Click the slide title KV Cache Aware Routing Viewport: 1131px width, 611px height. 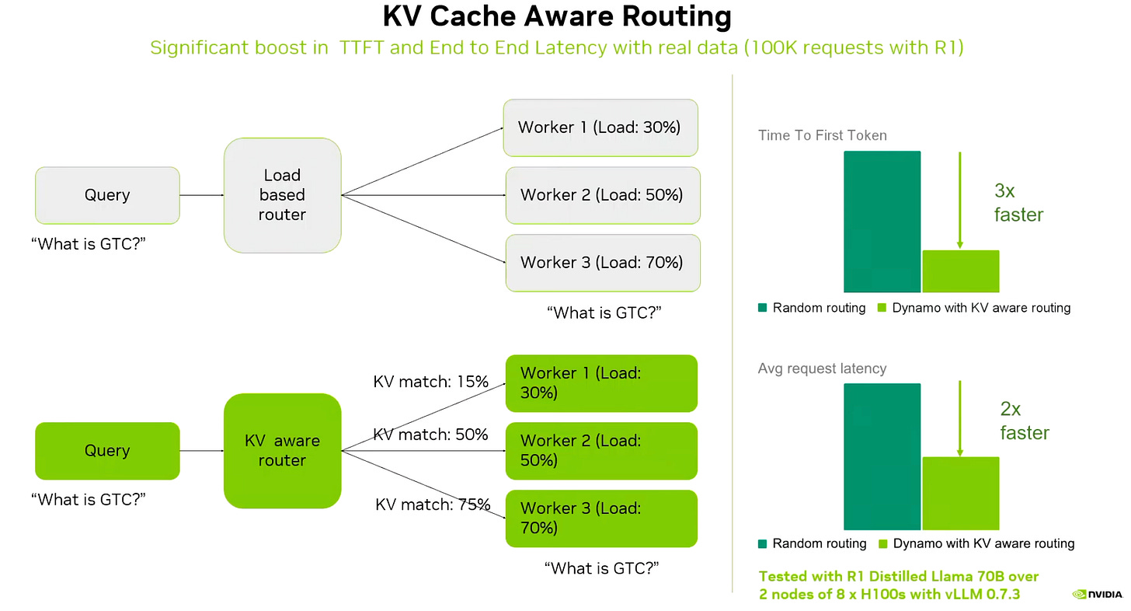(x=557, y=17)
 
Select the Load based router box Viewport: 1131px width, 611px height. (x=282, y=195)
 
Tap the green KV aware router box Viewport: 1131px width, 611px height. (x=282, y=451)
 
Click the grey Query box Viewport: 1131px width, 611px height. (x=107, y=195)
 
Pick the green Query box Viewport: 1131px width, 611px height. (x=107, y=451)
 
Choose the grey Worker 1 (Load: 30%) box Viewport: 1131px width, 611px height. (x=600, y=127)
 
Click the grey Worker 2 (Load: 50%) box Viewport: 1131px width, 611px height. (x=602, y=195)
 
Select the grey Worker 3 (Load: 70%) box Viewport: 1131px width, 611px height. (x=602, y=263)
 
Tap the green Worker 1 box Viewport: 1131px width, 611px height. (x=600, y=383)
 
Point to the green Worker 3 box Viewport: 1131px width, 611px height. (x=600, y=518)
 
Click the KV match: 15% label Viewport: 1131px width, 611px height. (x=430, y=382)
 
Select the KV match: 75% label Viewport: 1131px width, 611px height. (x=432, y=505)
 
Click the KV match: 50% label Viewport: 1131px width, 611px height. (x=430, y=435)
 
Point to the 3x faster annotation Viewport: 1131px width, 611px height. (x=1018, y=203)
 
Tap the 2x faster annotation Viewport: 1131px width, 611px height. (x=1024, y=421)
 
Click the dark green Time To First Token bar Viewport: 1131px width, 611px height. (x=882, y=222)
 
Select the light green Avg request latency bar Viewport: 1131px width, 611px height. (x=960, y=493)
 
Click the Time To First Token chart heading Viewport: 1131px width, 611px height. (x=822, y=135)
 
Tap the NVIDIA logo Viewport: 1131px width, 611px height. (x=1097, y=595)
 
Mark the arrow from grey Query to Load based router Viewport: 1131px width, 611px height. (x=202, y=195)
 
